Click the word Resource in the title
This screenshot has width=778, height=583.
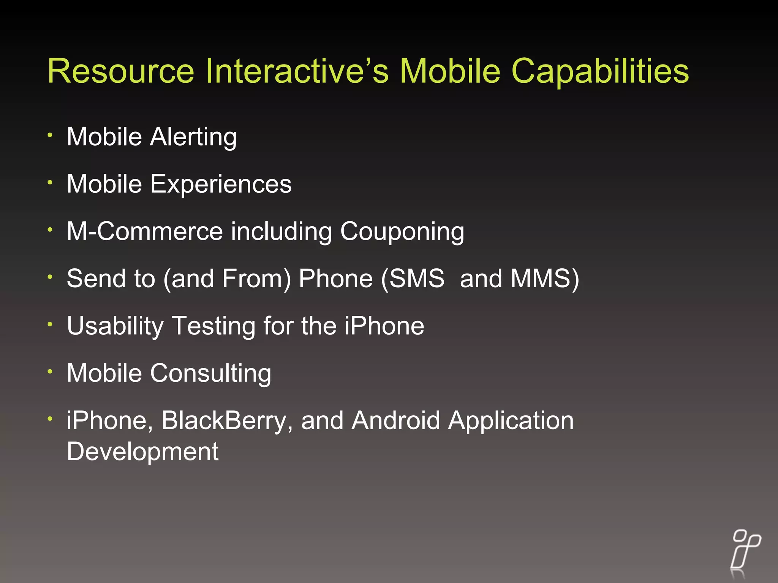121,71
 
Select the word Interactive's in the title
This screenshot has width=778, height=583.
297,71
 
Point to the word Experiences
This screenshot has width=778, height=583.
221,185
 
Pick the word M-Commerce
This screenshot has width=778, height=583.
144,231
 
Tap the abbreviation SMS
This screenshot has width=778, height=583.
417,279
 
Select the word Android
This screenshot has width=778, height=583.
395,421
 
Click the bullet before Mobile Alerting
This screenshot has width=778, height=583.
50,135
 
